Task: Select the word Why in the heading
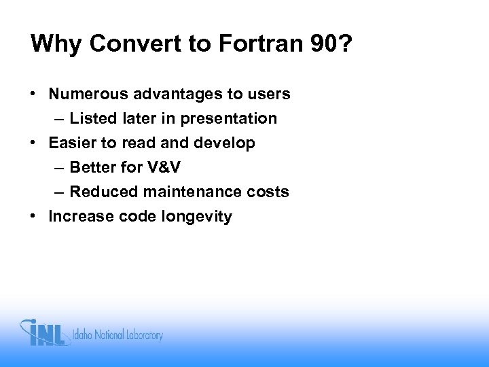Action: (x=54, y=44)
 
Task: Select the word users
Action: (x=270, y=94)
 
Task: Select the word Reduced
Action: (x=99, y=192)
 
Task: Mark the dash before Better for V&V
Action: (x=60, y=168)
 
